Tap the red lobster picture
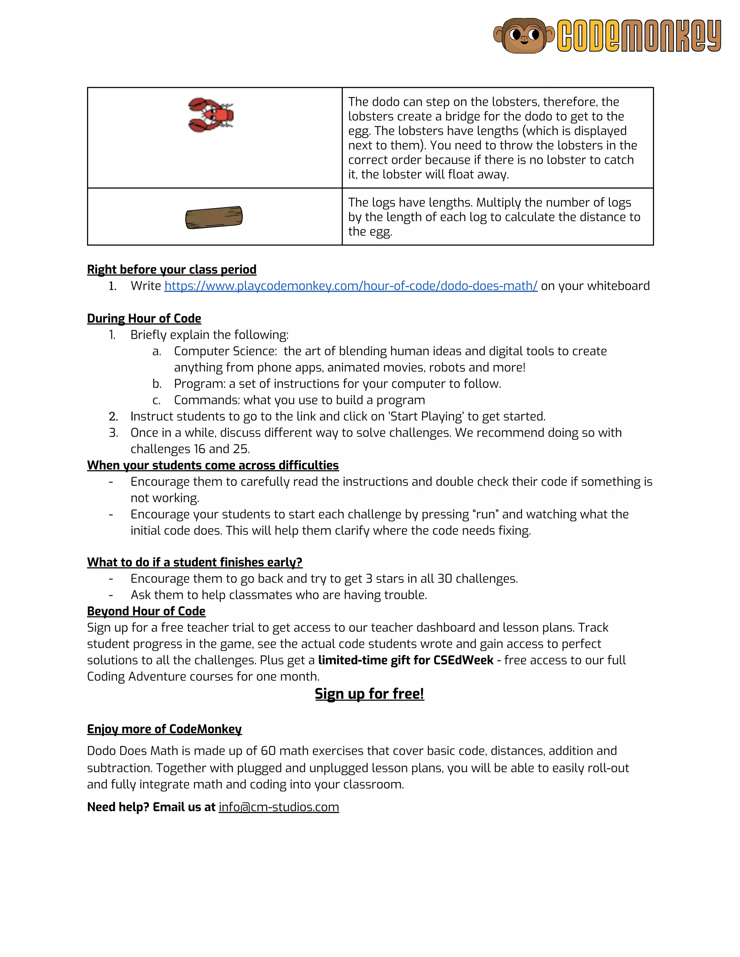click(x=211, y=115)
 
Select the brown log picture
click(x=214, y=217)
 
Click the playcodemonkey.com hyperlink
click(x=351, y=286)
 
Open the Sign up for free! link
click(x=369, y=694)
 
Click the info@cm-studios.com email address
click(x=279, y=807)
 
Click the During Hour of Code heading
click(x=144, y=319)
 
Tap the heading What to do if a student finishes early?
click(x=195, y=562)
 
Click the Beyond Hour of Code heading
click(x=146, y=611)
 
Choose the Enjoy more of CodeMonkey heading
click(x=164, y=729)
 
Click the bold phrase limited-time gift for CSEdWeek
click(x=405, y=660)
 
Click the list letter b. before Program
click(x=157, y=384)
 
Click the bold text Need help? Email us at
click(x=151, y=807)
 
